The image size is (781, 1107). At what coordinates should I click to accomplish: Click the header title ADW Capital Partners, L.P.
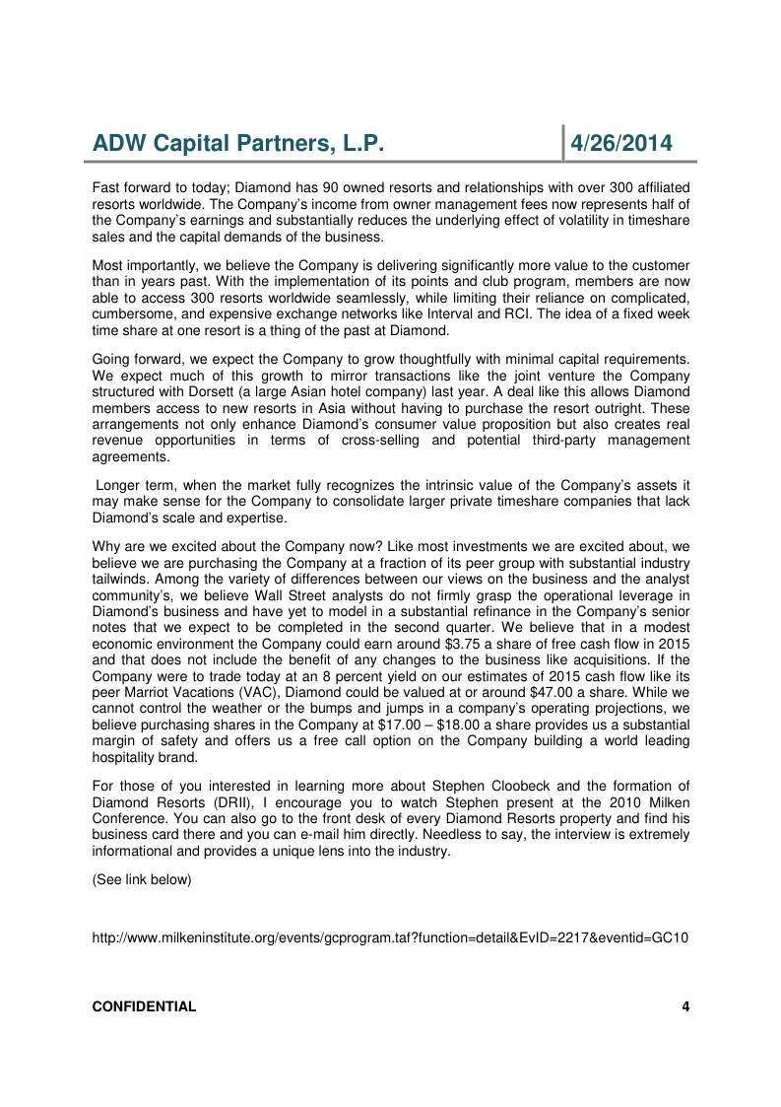click(237, 144)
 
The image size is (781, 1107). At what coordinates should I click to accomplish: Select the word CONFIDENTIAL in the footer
click(144, 1006)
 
